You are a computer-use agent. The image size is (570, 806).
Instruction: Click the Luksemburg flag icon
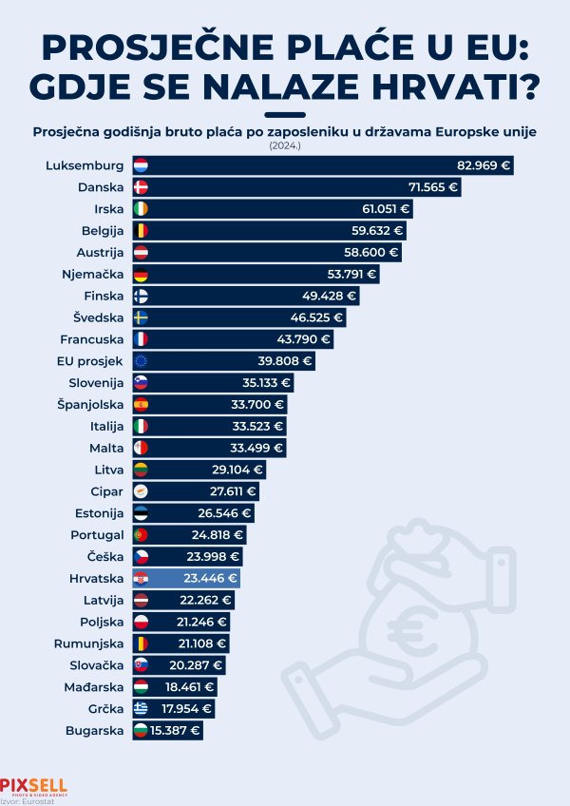pos(141,165)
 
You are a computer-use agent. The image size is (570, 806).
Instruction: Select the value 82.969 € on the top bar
pos(484,165)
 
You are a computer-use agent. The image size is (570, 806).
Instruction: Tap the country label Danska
pos(101,187)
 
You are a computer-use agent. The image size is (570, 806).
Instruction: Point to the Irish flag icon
pos(141,208)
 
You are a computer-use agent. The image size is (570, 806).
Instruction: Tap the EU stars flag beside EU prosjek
pos(141,360)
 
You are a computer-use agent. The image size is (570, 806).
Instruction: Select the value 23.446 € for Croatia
pos(208,578)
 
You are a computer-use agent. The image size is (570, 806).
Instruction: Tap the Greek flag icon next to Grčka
pos(141,708)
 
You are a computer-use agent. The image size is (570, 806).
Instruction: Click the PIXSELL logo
pos(33,785)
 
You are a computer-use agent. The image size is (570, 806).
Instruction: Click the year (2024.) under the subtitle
pos(285,145)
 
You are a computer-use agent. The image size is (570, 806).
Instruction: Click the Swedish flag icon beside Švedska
pos(141,317)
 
